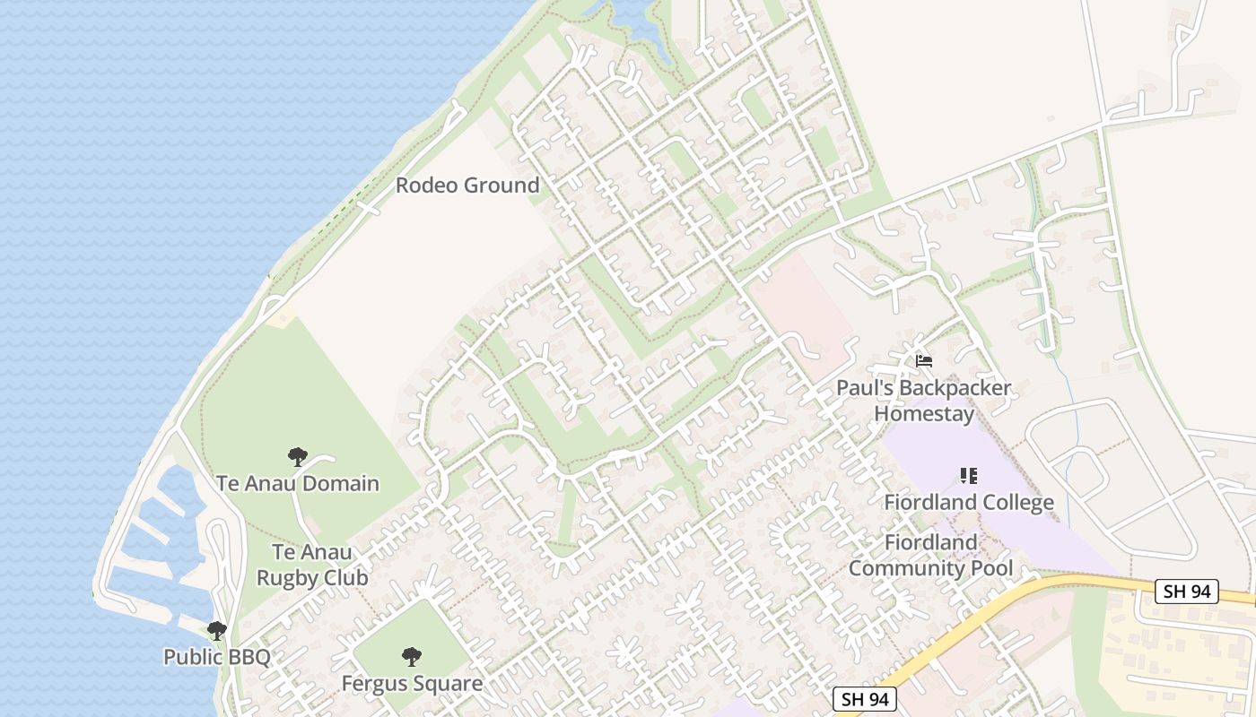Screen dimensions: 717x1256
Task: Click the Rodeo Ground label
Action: click(x=467, y=186)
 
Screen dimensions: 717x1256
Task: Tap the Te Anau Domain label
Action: click(x=297, y=484)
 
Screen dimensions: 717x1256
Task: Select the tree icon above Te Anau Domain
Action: click(x=297, y=457)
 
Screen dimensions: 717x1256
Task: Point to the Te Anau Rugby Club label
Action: click(x=312, y=565)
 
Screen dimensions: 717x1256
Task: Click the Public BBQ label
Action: click(x=216, y=657)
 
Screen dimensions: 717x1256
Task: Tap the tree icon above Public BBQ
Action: click(x=216, y=630)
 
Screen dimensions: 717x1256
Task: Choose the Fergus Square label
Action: click(x=412, y=684)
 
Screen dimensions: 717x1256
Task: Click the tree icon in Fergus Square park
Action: click(x=412, y=657)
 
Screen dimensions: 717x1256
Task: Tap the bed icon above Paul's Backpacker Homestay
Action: click(x=924, y=361)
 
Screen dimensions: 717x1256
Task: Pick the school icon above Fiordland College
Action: click(x=969, y=475)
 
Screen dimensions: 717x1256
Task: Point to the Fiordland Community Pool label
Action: click(x=930, y=556)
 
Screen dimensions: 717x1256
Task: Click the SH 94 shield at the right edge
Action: click(x=1186, y=592)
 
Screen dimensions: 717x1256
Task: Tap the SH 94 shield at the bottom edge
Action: click(x=865, y=699)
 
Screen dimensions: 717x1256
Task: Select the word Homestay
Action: click(x=924, y=414)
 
